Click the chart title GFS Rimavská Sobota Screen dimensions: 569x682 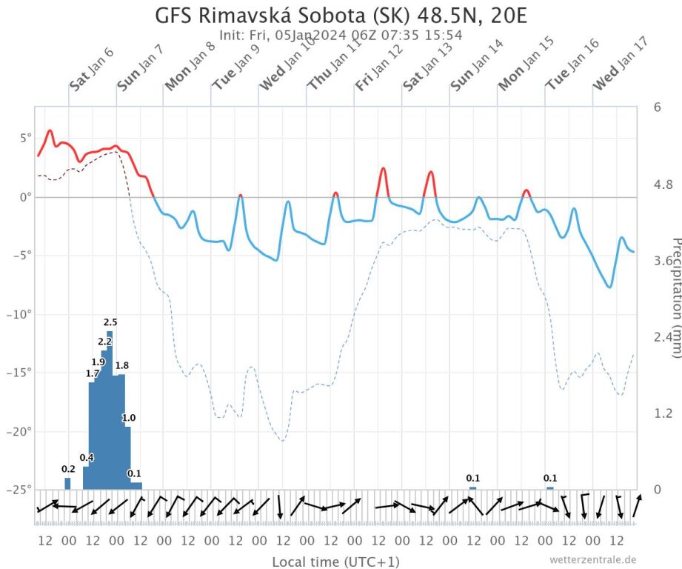(341, 16)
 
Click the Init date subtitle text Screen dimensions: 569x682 (341, 35)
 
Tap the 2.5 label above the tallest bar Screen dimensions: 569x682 (110, 322)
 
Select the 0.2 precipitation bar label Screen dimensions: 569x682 (68, 469)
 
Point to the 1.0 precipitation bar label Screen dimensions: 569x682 (129, 419)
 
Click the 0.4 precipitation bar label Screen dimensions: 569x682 (87, 457)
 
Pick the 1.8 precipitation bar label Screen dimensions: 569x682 (122, 365)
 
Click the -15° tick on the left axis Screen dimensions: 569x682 (18, 373)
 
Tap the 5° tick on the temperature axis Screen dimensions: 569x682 (25, 138)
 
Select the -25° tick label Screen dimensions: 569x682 (18, 490)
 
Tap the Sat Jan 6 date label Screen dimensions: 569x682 (91, 70)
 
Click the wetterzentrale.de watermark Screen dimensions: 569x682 (592, 559)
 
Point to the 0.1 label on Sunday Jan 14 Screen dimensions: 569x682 (472, 478)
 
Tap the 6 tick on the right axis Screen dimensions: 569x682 (657, 107)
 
